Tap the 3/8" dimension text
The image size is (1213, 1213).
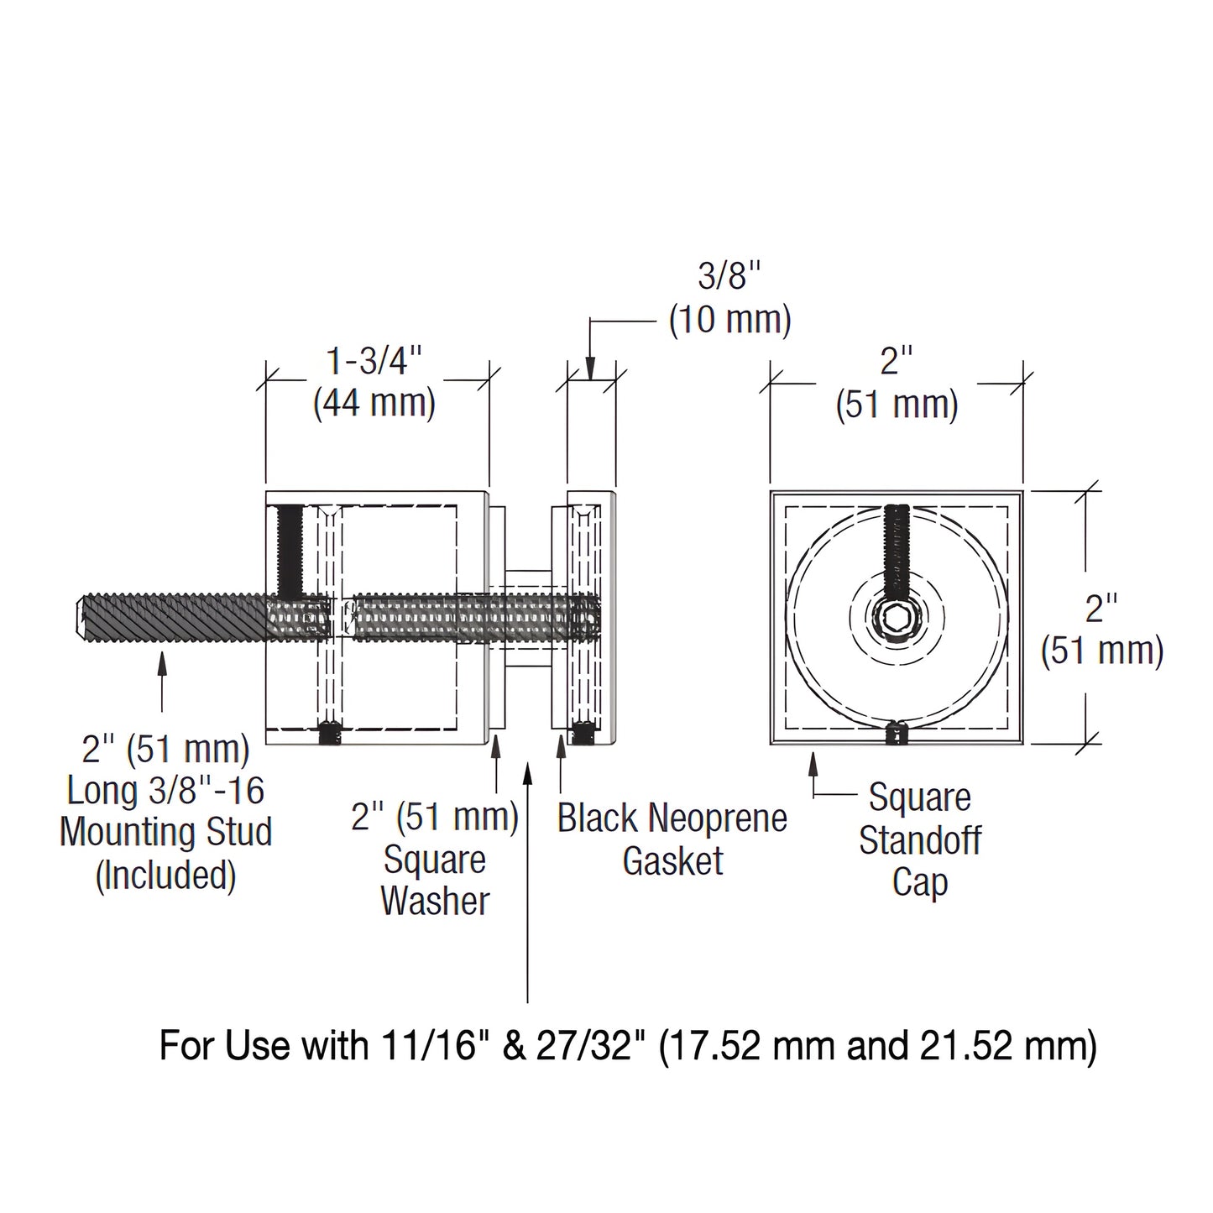[729, 276]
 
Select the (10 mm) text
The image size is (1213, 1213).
[729, 320]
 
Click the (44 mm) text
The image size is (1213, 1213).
[374, 404]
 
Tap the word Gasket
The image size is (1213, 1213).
[672, 862]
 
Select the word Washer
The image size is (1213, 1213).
[435, 901]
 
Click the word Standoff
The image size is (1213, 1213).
[920, 839]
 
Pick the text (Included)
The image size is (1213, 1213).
[165, 876]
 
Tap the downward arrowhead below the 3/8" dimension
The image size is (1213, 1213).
[591, 369]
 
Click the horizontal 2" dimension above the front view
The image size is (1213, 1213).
[896, 363]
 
